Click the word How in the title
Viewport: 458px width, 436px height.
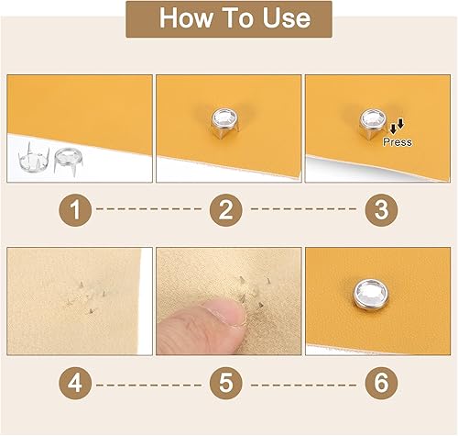pyautogui.click(x=186, y=17)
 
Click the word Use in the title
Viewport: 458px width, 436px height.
pyautogui.click(x=287, y=17)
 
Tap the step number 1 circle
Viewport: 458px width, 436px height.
pyautogui.click(x=75, y=210)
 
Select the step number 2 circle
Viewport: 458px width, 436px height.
pyautogui.click(x=226, y=210)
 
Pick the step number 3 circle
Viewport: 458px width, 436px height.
pyautogui.click(x=381, y=210)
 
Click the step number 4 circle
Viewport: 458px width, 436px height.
pyautogui.click(x=75, y=383)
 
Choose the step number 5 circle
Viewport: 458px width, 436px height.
pyautogui.click(x=226, y=383)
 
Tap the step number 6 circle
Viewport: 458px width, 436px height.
pyautogui.click(x=381, y=383)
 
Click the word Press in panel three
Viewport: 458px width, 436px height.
pyautogui.click(x=398, y=142)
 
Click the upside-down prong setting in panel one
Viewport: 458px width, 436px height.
pyautogui.click(x=34, y=157)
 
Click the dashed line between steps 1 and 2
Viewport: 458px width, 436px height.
pyautogui.click(x=148, y=209)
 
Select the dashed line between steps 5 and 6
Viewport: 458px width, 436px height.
pyautogui.click(x=303, y=385)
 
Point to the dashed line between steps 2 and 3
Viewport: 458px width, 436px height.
pyautogui.click(x=303, y=209)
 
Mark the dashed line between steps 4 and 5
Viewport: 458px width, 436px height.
pyautogui.click(x=148, y=385)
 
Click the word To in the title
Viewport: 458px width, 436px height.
pyautogui.click(x=237, y=17)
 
